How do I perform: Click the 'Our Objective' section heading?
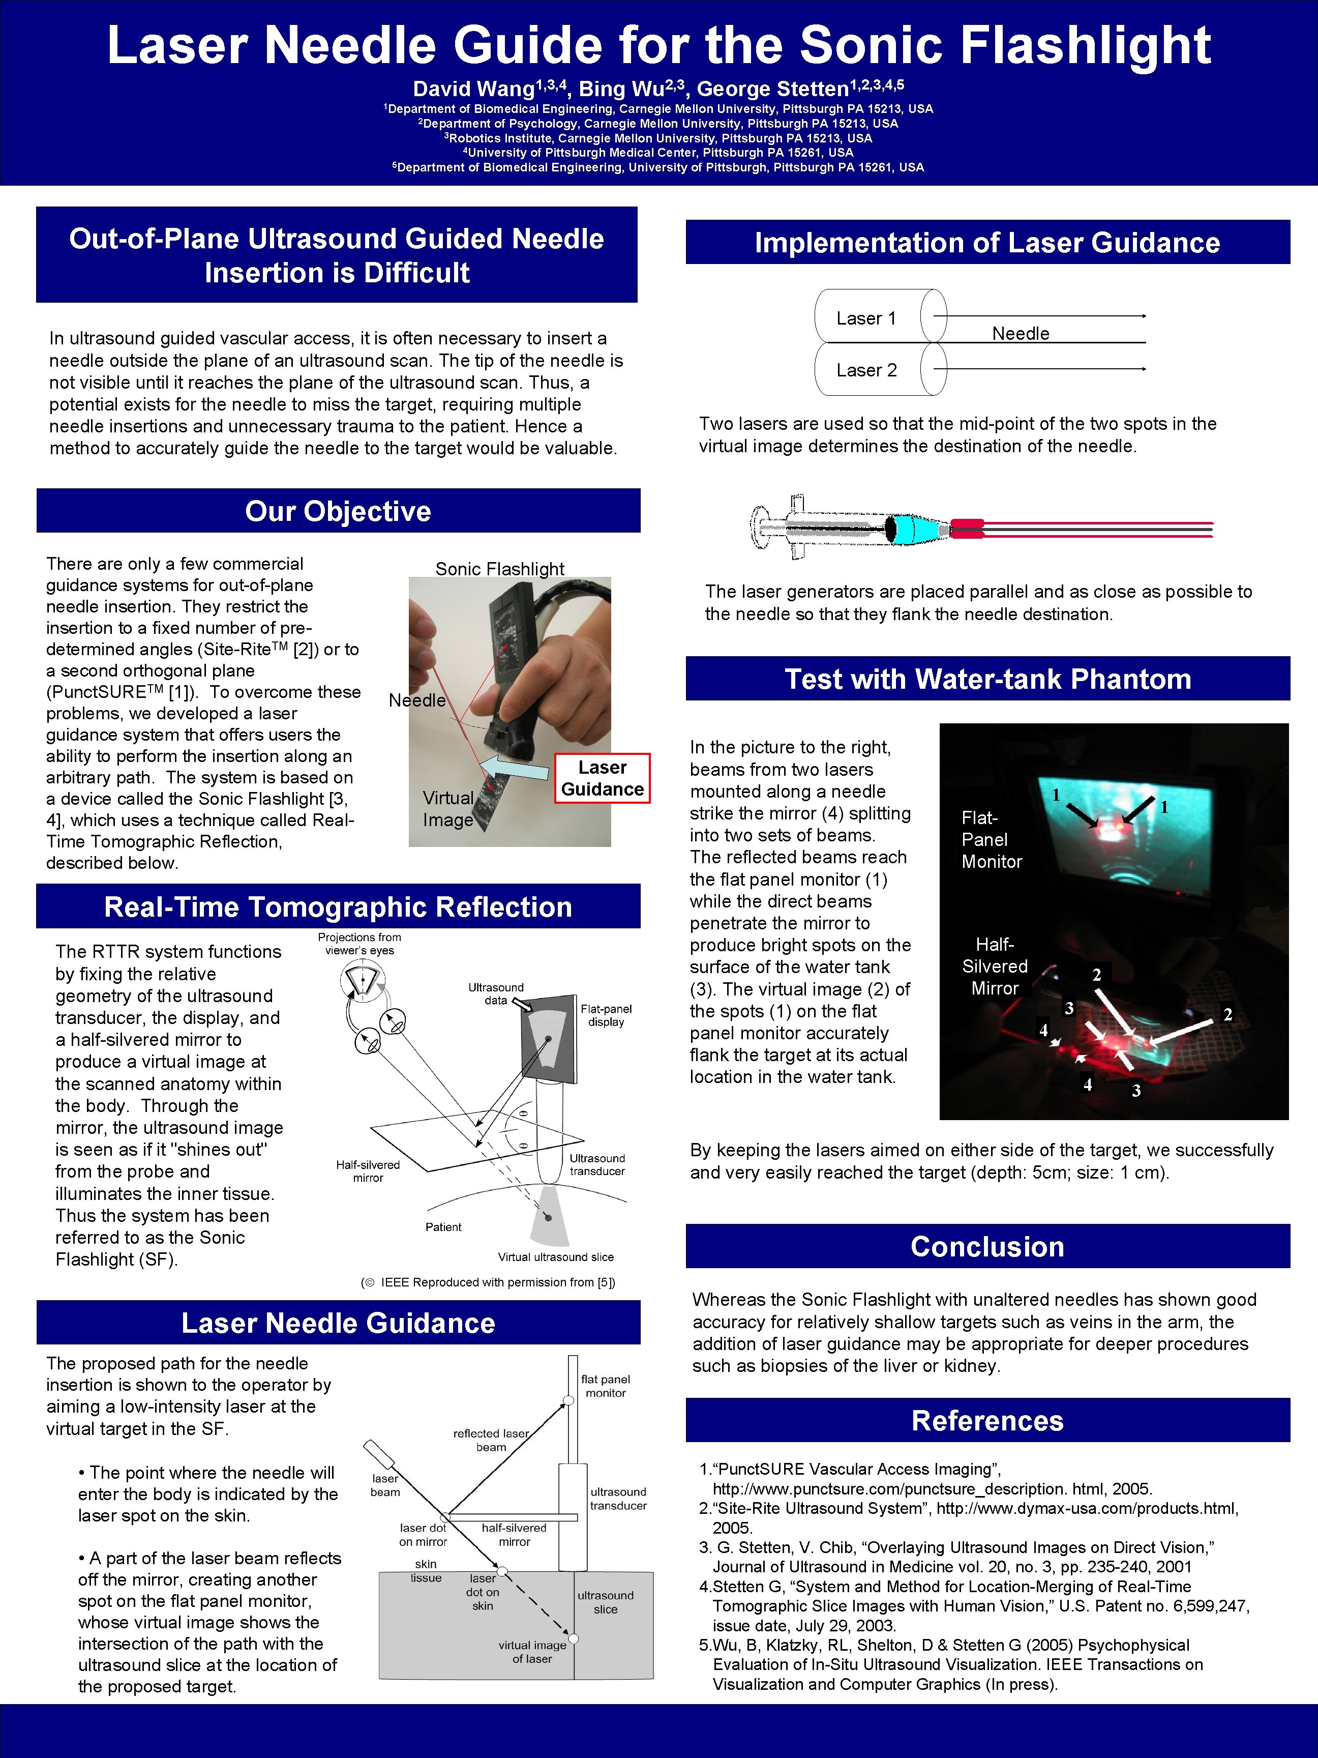pos(338,511)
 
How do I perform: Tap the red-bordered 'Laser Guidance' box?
pos(602,778)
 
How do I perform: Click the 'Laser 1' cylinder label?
pos(866,319)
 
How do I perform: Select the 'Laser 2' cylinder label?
pos(866,370)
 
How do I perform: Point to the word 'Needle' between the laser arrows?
pos(1020,334)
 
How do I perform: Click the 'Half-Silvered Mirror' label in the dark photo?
pos(995,966)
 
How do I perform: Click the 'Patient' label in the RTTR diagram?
pos(443,1227)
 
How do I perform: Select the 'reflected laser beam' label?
pos(491,1440)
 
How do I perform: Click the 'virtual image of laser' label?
pos(532,1652)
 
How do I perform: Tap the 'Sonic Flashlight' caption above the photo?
pos(500,569)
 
